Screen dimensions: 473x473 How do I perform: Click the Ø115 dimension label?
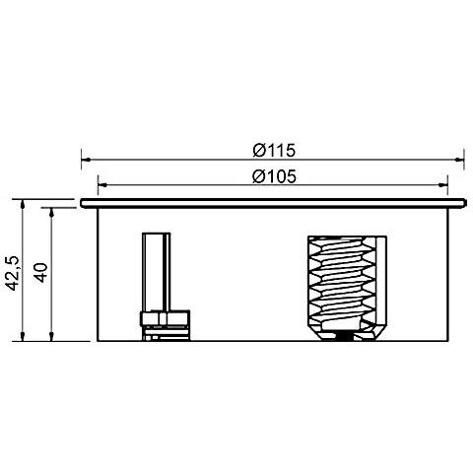274,151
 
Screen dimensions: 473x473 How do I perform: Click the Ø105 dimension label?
274,176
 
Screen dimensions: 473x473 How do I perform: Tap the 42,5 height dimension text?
14,273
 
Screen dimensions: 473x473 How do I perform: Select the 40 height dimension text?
41,273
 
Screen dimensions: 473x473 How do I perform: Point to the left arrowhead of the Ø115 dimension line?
86,160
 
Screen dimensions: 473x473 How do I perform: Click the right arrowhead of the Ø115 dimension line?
459,160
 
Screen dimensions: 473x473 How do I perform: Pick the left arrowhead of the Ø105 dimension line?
102,185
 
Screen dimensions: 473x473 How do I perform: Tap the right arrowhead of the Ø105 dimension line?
442,185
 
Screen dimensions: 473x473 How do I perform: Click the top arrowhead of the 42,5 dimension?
23,204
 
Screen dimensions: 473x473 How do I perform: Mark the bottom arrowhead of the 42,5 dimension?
23,336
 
